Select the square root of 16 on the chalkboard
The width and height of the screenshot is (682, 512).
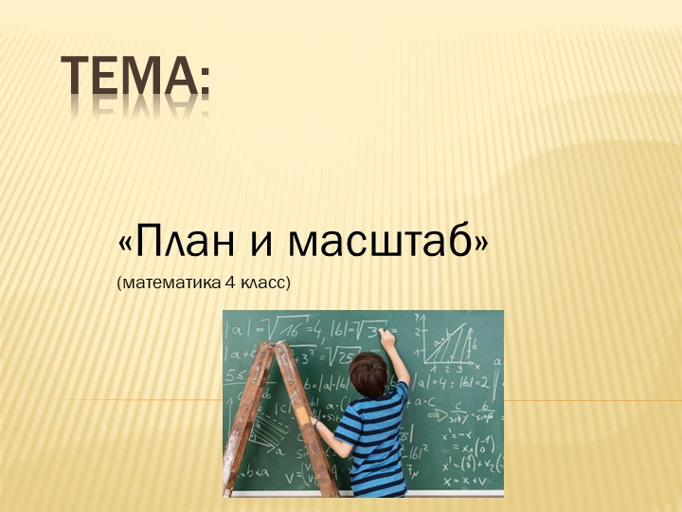pos(283,329)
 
